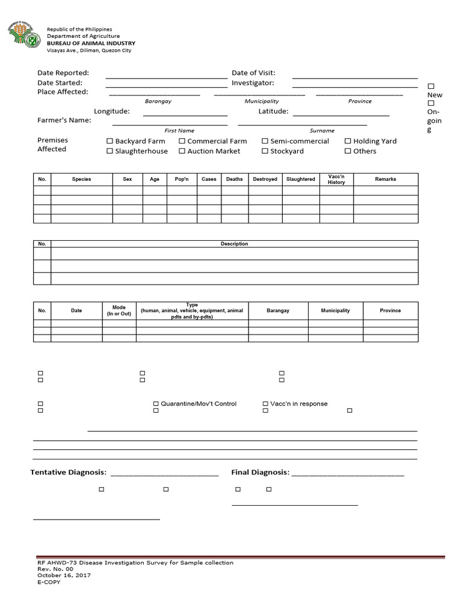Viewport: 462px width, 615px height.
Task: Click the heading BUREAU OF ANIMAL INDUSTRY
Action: [x=91, y=43]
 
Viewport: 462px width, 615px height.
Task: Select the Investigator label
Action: [x=253, y=83]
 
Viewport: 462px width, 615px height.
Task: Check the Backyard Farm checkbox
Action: [x=109, y=141]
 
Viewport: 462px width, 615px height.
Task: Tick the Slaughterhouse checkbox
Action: [x=109, y=151]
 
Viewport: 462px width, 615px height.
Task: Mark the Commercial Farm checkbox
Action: [x=182, y=141]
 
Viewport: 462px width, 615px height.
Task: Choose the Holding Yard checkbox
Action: [x=348, y=141]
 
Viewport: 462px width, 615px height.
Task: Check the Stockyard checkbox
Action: [x=265, y=151]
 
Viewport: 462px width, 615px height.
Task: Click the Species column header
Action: [x=82, y=180]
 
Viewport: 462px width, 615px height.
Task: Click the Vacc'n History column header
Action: [x=336, y=180]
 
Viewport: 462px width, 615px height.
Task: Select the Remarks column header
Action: [x=386, y=180]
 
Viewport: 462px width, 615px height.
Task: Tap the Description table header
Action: [x=234, y=244]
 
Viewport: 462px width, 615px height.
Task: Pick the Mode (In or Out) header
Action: [x=119, y=311]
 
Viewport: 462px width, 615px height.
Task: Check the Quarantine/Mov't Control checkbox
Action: [x=156, y=404]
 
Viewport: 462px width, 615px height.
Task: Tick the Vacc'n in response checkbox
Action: [x=265, y=404]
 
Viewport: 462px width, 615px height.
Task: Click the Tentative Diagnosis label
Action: [x=69, y=473]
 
